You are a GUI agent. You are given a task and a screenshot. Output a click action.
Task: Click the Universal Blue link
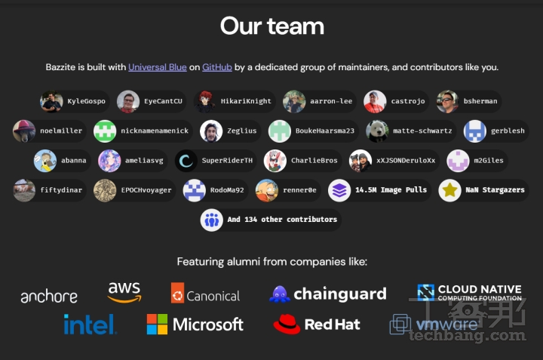tap(158, 67)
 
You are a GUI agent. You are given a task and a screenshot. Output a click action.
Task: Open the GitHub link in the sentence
tap(217, 67)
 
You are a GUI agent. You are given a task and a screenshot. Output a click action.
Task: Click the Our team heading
tap(272, 26)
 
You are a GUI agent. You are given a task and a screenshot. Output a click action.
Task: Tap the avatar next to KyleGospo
tap(51, 101)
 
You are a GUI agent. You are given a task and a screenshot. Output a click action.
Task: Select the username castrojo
tap(408, 101)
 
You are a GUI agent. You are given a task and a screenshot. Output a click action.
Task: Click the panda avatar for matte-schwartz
tap(378, 131)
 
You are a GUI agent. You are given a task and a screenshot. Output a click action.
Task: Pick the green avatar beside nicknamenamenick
tap(105, 131)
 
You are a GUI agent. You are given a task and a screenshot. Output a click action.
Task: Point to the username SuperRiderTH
tap(227, 161)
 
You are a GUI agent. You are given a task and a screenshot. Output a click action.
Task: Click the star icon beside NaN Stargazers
tap(449, 190)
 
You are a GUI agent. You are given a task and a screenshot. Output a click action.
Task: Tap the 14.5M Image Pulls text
tap(391, 190)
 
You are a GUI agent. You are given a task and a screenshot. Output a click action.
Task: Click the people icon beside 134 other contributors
tap(212, 220)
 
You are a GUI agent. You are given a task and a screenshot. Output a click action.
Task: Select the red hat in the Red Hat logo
tap(287, 325)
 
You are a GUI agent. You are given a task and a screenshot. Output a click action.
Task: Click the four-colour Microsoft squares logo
tap(157, 325)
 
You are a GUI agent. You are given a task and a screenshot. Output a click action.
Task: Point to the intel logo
tap(90, 325)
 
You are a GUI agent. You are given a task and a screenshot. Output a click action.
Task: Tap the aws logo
tap(124, 292)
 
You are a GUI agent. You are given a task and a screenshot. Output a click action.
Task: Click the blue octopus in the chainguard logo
tap(280, 294)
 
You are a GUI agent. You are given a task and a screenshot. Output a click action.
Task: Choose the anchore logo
tap(49, 297)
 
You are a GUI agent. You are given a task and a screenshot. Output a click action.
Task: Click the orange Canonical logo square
tap(178, 293)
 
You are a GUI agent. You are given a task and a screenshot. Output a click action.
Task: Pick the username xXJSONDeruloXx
tap(406, 161)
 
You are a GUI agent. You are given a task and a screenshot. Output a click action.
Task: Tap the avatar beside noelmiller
tap(24, 131)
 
